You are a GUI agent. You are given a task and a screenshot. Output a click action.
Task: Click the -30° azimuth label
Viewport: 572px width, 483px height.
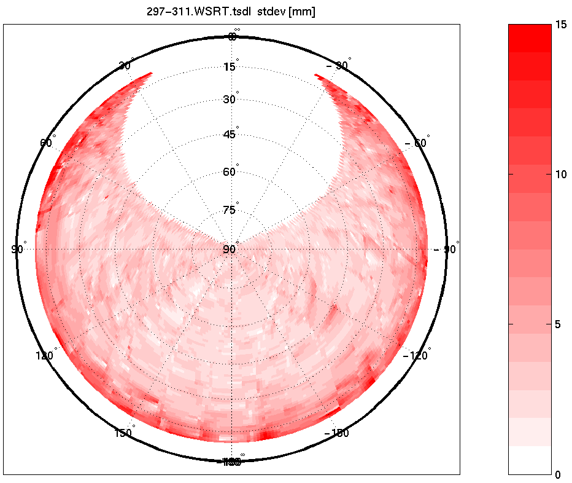coord(338,66)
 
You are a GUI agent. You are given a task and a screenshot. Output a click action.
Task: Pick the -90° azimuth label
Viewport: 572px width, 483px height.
coord(446,249)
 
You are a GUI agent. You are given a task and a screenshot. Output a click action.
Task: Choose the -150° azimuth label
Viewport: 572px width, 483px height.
coord(336,433)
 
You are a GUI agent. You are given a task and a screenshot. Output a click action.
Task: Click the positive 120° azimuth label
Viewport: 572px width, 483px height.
coord(46,355)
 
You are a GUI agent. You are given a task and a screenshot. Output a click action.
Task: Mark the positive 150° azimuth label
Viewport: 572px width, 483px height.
coord(124,433)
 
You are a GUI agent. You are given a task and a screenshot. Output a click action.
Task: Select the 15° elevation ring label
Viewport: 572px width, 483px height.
coord(230,66)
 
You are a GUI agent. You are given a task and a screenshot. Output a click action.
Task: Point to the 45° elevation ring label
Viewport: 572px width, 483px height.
coord(230,135)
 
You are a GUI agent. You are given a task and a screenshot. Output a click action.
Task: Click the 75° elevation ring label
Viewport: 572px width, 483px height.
coord(230,210)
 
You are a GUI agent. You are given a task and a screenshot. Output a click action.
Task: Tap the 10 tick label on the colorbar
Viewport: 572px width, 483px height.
coord(561,174)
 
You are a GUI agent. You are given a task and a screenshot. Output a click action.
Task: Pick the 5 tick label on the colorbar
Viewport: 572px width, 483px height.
coord(558,324)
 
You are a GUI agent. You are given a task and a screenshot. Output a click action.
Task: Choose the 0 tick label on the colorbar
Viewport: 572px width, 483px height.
coord(558,474)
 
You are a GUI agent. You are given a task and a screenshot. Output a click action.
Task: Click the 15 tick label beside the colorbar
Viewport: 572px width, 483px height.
coord(561,25)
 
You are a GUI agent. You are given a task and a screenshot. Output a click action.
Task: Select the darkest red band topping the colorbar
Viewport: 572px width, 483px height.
coord(530,31)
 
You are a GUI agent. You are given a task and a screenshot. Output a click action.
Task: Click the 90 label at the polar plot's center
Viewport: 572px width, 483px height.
coord(230,249)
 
